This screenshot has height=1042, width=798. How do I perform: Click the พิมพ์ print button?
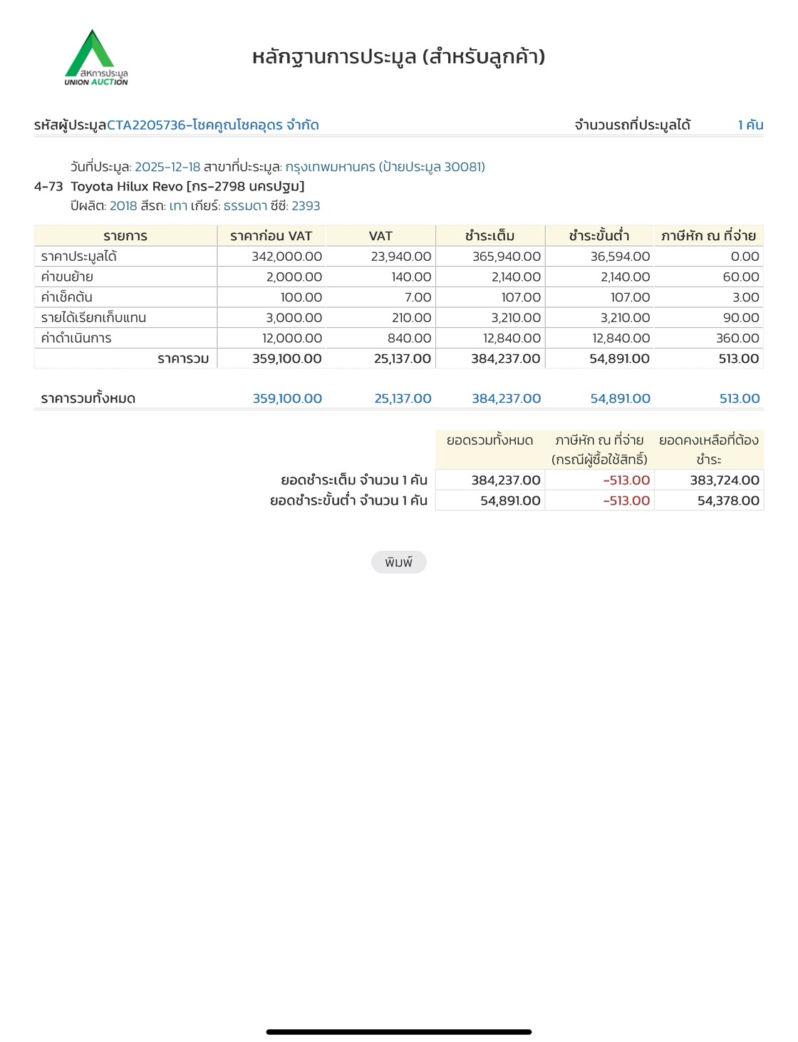click(x=398, y=562)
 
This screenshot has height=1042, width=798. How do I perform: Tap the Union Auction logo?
click(x=95, y=58)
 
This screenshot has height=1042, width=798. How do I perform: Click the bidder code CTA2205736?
click(x=146, y=125)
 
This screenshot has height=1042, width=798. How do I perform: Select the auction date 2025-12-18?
click(x=167, y=167)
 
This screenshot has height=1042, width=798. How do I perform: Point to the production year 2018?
click(x=123, y=206)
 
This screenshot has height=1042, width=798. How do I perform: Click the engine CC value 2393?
click(x=306, y=206)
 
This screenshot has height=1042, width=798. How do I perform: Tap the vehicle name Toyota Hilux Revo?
click(x=126, y=187)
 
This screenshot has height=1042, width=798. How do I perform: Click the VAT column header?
click(x=380, y=236)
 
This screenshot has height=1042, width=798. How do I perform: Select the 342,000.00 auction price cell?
click(x=286, y=257)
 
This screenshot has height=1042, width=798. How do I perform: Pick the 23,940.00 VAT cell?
click(x=400, y=257)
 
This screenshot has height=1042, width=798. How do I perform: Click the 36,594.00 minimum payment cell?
click(x=620, y=257)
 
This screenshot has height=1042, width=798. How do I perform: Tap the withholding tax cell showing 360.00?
click(x=737, y=339)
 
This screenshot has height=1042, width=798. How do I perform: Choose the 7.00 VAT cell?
click(x=418, y=297)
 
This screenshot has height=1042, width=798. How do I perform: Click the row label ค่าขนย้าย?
click(x=67, y=277)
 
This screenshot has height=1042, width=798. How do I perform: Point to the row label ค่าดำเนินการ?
click(x=76, y=339)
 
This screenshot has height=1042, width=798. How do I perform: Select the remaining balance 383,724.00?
click(x=724, y=480)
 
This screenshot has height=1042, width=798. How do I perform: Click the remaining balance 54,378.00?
click(x=728, y=501)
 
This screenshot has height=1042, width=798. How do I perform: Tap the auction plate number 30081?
click(x=463, y=167)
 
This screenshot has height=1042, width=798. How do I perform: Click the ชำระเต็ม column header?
click(x=489, y=236)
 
